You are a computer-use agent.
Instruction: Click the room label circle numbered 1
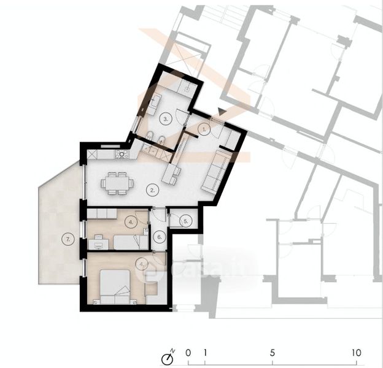coord(204,130)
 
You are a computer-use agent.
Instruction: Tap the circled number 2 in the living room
coord(152,190)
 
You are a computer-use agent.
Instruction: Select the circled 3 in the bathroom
coord(165,119)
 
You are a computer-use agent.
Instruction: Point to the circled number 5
coord(185,221)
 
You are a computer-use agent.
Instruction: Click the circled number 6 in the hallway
coord(160,237)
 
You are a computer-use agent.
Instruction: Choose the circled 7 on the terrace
coord(68,239)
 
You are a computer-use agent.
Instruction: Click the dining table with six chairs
coord(117,183)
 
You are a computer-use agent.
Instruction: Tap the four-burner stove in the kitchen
coord(122,154)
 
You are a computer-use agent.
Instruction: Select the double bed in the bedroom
coord(115,287)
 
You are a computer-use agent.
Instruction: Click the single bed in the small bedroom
coord(131,242)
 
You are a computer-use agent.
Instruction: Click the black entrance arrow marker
coord(222,112)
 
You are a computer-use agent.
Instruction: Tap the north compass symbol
coord(168,358)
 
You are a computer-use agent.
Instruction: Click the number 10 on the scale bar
coord(357,353)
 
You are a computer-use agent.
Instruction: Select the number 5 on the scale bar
coord(273,353)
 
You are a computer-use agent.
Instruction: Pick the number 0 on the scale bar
coord(188,353)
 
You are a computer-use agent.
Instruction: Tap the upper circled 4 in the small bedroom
coord(131,222)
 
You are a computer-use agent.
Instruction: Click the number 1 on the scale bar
coord(205,353)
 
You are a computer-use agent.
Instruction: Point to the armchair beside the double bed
coord(152,288)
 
